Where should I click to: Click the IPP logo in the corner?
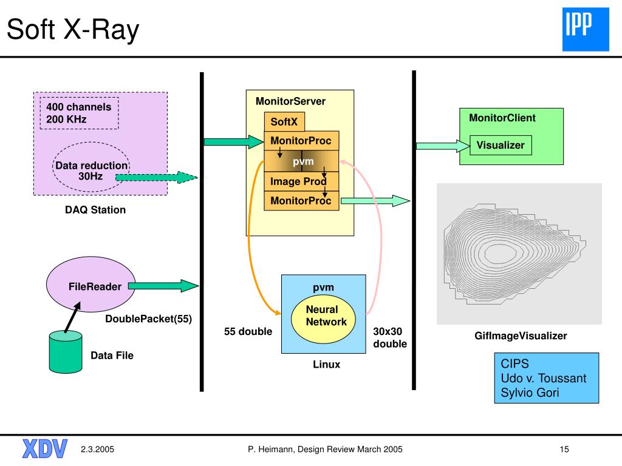tap(586, 29)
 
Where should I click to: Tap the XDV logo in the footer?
tap(45, 449)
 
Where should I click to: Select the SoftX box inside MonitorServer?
tap(284, 121)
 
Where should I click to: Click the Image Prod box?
tap(301, 181)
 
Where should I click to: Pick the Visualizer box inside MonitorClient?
tap(501, 145)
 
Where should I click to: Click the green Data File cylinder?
tap(66, 353)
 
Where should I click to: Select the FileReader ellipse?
tap(91, 284)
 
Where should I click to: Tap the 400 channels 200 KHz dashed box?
tap(80, 113)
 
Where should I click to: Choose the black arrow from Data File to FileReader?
tap(72, 317)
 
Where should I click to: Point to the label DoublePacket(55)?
tap(148, 319)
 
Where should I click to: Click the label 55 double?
tap(248, 331)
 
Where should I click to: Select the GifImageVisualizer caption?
tap(521, 336)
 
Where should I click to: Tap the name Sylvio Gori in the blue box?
tap(530, 393)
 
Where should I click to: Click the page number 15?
tap(564, 450)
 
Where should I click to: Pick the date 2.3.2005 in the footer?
tap(97, 450)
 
